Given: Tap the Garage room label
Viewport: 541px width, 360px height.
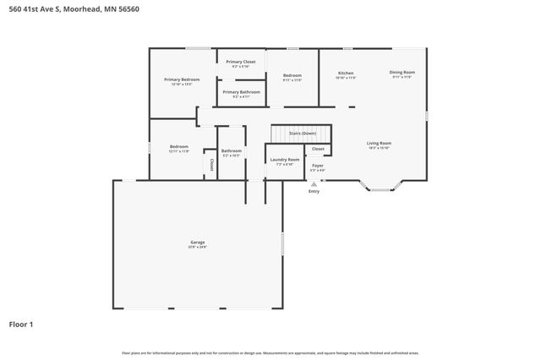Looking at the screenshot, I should pos(197,243).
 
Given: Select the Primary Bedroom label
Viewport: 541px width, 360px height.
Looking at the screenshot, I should pos(182,79).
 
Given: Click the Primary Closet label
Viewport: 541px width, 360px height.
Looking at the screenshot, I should pos(241,62).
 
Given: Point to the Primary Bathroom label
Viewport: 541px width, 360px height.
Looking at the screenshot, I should pos(241,92).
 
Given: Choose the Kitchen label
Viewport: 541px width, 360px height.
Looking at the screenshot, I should pos(346,73).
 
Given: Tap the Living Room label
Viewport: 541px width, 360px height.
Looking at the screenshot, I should pos(378,144).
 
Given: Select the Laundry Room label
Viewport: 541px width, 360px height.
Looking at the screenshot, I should pos(284,159).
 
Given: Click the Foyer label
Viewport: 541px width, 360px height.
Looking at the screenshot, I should pos(318,166).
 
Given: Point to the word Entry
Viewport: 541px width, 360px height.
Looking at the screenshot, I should pos(314,191).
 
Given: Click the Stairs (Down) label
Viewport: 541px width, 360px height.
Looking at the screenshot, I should pos(302,134).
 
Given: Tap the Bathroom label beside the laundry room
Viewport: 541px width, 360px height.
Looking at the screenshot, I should pos(232,150).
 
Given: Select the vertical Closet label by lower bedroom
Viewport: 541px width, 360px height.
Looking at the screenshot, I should pos(211,165).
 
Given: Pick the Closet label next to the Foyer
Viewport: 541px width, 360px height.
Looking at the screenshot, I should pos(318,149).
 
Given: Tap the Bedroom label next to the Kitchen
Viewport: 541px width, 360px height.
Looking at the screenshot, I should pos(292,76).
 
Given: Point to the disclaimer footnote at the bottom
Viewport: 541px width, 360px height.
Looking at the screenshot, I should pos(270,352).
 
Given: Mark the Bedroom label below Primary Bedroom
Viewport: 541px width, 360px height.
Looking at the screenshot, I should pos(178,146).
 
